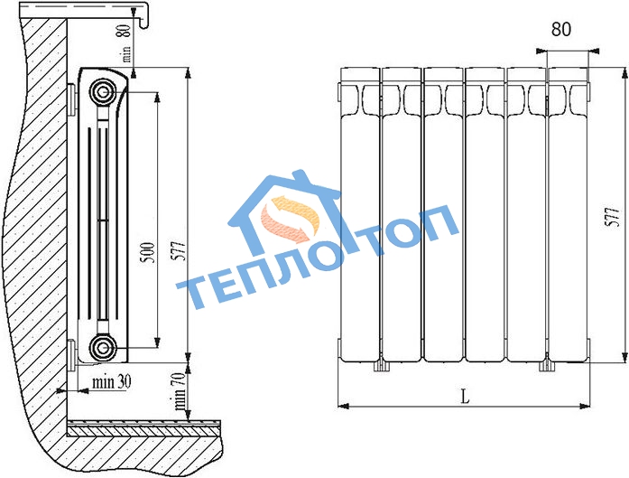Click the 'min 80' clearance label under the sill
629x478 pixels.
point(126,43)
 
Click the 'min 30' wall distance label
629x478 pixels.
point(111,381)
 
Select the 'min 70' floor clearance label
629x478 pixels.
point(180,390)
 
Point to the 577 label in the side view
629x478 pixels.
point(180,251)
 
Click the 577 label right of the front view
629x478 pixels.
point(613,217)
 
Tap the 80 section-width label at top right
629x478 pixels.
point(560,29)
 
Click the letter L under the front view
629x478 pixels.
point(465,397)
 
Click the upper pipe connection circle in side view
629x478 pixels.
point(101,92)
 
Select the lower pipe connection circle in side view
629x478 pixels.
point(102,347)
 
